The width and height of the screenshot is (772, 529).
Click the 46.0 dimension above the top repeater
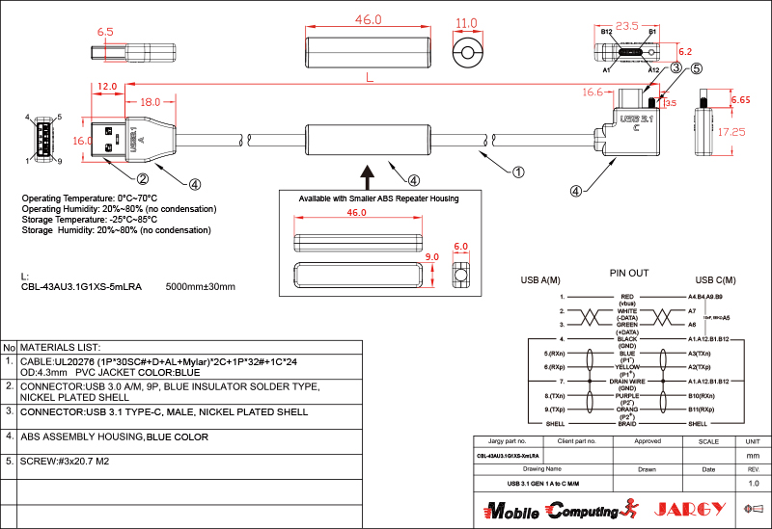(x=369, y=19)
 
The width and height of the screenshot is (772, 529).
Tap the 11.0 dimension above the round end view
(x=467, y=23)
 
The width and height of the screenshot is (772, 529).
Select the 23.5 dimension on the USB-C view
(x=627, y=26)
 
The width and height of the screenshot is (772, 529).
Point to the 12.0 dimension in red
(x=107, y=86)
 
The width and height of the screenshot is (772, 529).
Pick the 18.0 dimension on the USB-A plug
(x=150, y=101)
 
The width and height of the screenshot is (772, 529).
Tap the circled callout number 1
(x=518, y=172)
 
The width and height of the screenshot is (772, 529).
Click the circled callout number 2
(x=142, y=178)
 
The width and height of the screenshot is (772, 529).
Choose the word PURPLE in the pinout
(x=627, y=396)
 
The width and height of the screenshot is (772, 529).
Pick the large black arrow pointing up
(x=367, y=176)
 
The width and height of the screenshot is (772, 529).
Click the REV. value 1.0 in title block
(x=754, y=483)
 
